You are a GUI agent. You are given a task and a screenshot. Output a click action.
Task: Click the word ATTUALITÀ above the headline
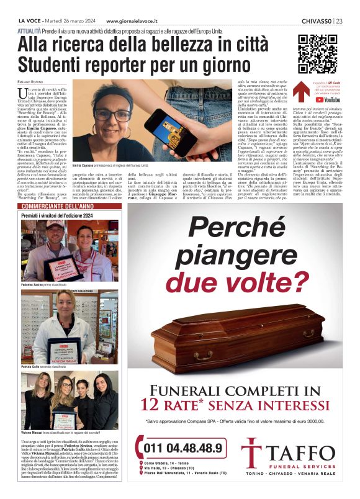pyautogui.click(x=30, y=30)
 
